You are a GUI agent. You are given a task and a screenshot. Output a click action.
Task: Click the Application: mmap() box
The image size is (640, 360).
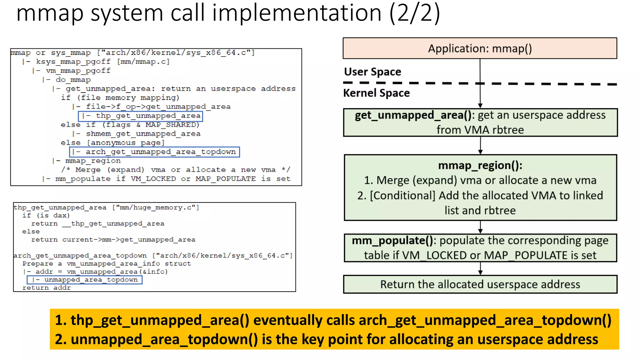tap(480, 48)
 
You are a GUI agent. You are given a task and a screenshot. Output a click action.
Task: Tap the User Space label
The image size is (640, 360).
tap(372, 72)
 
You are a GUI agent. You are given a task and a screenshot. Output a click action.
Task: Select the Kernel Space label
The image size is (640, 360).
tap(376, 93)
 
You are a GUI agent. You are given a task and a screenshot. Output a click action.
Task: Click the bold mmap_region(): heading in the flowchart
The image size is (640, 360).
tap(480, 165)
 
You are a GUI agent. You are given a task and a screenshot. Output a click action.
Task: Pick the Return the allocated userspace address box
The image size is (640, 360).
tap(480, 284)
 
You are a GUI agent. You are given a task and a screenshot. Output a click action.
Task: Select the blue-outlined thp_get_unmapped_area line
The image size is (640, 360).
tap(140, 116)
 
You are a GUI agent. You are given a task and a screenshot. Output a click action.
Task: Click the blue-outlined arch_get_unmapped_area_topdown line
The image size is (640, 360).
tap(154, 152)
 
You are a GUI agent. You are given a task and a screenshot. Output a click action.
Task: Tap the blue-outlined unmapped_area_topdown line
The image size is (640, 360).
tap(85, 280)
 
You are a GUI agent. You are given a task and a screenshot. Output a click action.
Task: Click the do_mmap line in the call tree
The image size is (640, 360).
tap(73, 80)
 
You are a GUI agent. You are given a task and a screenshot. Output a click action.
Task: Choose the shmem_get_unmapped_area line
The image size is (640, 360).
tap(143, 134)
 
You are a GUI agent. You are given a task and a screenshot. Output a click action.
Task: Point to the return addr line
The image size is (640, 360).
tap(47, 288)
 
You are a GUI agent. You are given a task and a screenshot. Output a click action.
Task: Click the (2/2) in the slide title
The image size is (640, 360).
tap(415, 13)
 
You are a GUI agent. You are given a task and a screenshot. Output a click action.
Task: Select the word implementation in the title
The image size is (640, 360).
tap(297, 13)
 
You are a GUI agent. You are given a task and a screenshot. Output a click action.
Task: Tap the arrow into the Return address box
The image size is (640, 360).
tap(480, 268)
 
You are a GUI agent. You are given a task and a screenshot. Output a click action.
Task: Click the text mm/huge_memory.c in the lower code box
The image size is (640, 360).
tap(156, 207)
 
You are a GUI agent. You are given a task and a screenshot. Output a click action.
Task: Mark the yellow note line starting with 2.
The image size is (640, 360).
tap(327, 339)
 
